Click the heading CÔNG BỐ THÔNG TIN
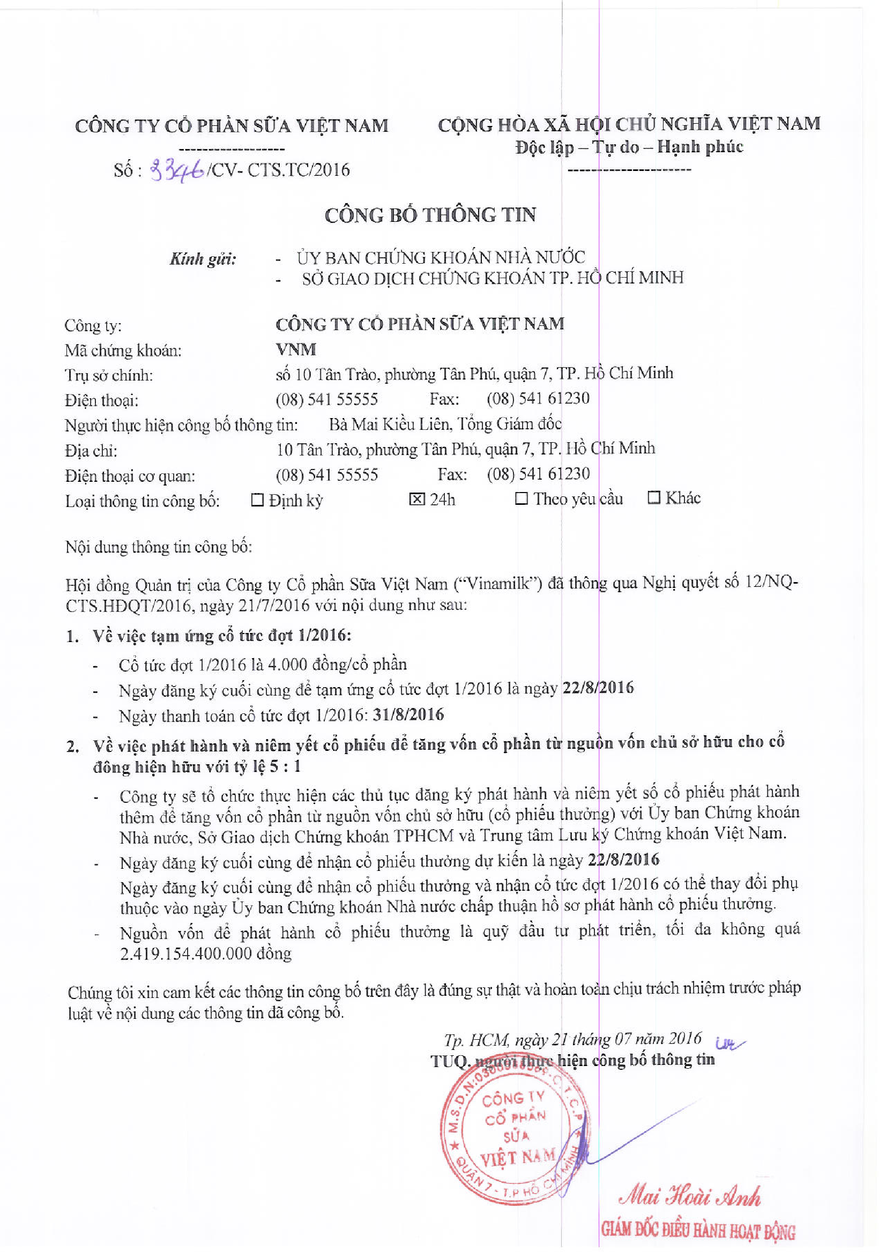point(430,215)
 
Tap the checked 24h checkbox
point(416,499)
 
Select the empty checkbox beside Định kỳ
point(257,500)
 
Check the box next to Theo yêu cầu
point(522,498)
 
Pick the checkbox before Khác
point(653,497)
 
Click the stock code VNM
point(296,349)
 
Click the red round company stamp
point(515,1139)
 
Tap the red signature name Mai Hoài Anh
point(690,1197)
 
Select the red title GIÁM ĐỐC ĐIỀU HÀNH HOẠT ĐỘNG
point(698,1230)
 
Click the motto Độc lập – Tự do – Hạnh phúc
point(629,147)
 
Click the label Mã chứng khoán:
point(123,350)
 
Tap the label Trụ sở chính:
point(109,375)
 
